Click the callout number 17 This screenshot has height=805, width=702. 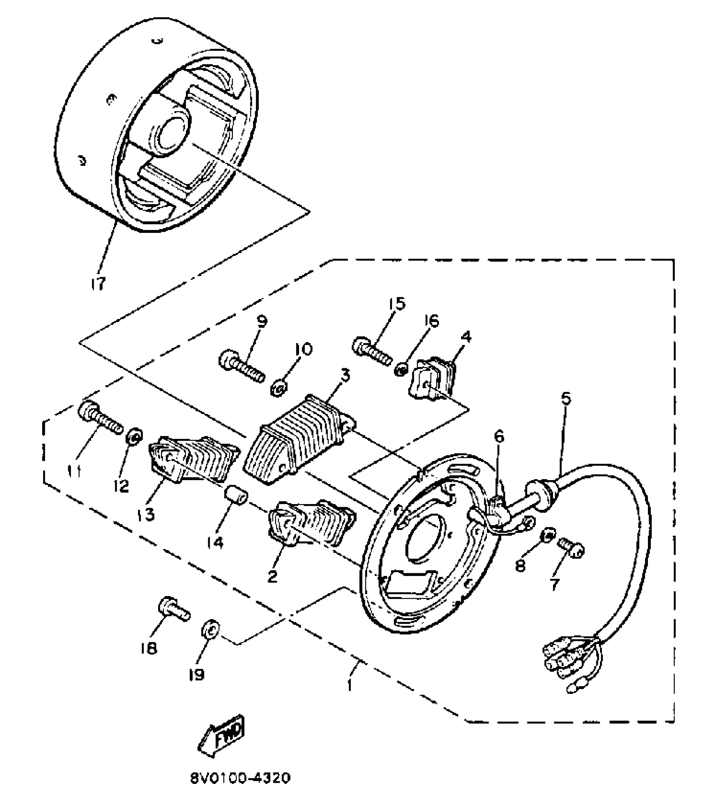click(x=98, y=284)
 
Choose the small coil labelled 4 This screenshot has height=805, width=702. click(x=432, y=379)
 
